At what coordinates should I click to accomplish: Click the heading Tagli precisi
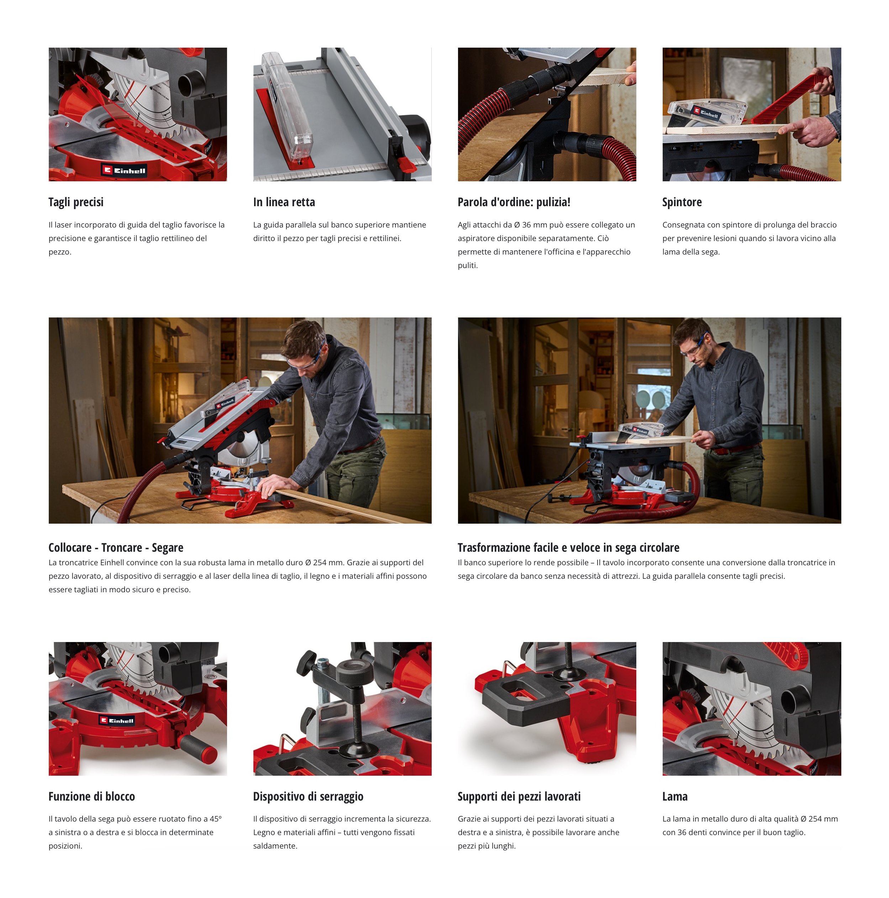pos(76,202)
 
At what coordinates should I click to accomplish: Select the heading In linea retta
pos(284,202)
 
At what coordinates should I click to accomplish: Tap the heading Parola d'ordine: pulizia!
pos(514,202)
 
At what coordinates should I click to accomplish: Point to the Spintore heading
pos(682,202)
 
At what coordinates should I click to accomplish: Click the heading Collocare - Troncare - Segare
pos(116,547)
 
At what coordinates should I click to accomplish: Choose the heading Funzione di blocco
pos(92,796)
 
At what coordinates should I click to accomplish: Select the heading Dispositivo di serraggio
pos(308,797)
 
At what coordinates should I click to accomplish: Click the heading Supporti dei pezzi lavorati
pos(519,797)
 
